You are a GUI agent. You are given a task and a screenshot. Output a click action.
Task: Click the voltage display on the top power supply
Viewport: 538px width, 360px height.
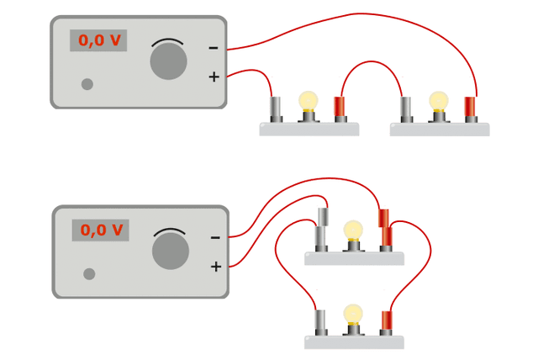click(x=98, y=40)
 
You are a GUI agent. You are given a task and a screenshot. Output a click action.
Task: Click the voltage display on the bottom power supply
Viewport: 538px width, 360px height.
click(x=100, y=230)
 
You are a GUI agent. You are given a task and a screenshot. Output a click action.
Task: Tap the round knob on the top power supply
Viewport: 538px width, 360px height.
click(x=168, y=62)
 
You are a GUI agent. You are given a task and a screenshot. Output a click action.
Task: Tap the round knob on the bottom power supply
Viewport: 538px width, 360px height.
click(x=171, y=251)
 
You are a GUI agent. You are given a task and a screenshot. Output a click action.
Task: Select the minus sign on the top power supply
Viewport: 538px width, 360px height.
click(x=214, y=48)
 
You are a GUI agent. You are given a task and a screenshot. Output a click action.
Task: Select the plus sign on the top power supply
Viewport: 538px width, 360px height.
click(x=214, y=77)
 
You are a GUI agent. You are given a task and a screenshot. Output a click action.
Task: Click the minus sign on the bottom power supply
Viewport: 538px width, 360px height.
click(x=215, y=238)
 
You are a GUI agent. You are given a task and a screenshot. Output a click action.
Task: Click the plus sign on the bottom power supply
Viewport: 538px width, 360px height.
click(x=216, y=267)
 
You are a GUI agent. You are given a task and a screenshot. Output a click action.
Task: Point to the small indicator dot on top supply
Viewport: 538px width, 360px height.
click(x=87, y=84)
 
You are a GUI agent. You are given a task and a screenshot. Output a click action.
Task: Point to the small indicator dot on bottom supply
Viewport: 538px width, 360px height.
click(x=89, y=273)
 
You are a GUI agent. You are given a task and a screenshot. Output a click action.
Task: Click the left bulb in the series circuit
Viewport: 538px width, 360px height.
click(x=309, y=101)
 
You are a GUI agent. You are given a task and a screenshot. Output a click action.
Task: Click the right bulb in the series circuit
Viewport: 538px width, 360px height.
click(x=438, y=101)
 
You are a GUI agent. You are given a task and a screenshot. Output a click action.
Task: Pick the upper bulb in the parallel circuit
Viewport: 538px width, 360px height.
click(x=353, y=230)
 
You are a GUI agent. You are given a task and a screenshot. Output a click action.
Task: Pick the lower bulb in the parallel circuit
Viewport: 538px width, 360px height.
click(x=353, y=315)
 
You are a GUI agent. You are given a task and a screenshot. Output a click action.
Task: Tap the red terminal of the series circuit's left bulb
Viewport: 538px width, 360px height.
click(x=340, y=108)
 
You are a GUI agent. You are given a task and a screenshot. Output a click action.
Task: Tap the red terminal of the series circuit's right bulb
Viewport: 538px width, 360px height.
click(x=470, y=108)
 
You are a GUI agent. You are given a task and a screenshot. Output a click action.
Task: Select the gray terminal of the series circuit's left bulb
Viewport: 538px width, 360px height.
click(x=275, y=108)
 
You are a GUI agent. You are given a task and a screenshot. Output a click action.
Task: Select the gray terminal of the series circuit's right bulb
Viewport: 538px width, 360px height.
click(x=406, y=108)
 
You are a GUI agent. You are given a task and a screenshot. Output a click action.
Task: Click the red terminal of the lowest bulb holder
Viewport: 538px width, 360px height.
click(x=387, y=321)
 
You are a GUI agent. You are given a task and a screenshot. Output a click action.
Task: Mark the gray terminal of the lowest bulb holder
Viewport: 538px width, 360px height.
click(x=319, y=321)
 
